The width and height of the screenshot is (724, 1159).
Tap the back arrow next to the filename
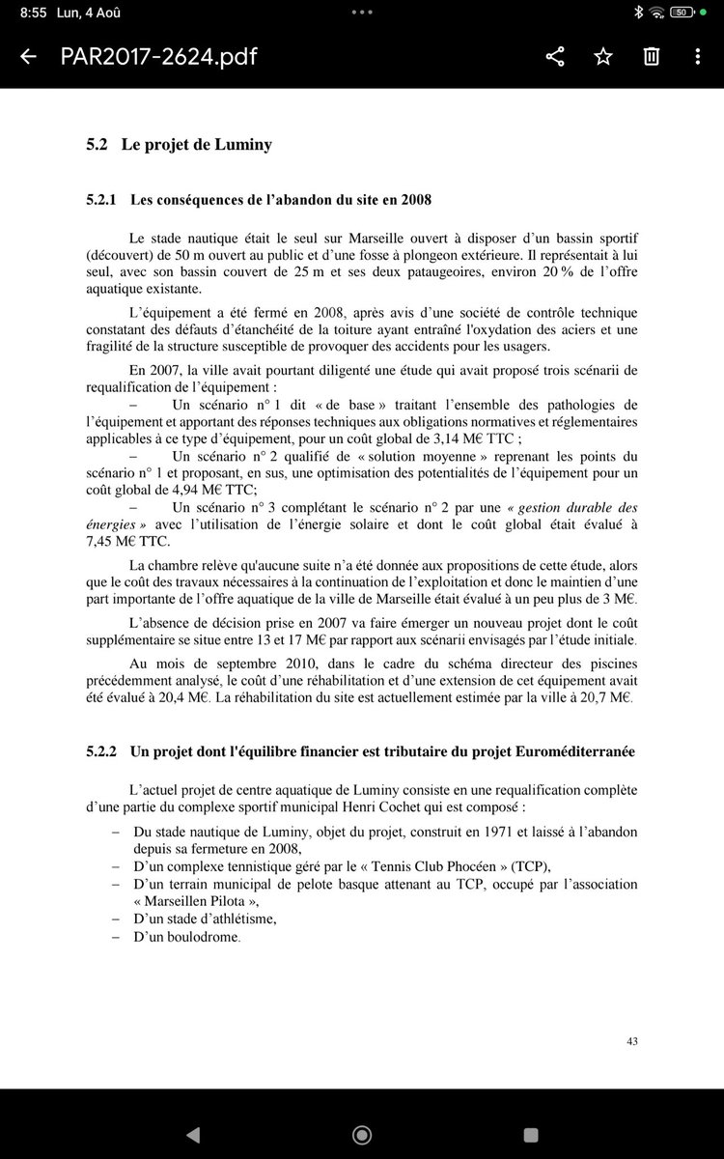[28, 57]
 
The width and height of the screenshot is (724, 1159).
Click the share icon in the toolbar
[555, 57]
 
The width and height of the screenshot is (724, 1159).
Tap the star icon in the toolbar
[603, 57]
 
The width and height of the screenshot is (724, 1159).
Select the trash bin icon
[653, 57]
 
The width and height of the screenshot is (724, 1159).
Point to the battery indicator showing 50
[681, 13]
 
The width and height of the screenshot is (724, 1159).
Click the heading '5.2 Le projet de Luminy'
[179, 145]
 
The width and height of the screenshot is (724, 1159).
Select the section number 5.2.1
[101, 201]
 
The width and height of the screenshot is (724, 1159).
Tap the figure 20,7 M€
[607, 697]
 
